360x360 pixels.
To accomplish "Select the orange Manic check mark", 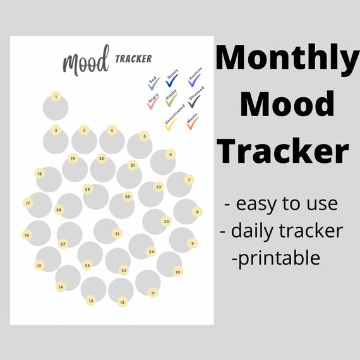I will (x=193, y=123).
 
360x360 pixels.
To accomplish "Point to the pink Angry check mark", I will (x=152, y=102).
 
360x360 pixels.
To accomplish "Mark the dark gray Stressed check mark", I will (x=193, y=102).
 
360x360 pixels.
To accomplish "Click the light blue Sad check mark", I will (x=153, y=85).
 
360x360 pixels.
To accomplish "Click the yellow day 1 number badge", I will (x=56, y=97).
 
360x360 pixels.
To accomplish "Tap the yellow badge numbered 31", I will (x=117, y=233).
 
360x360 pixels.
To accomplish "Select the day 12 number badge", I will (x=122, y=302).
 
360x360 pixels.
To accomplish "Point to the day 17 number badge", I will (x=28, y=203).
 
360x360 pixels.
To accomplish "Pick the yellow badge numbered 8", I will (x=197, y=212).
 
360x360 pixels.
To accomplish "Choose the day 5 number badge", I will (x=144, y=136).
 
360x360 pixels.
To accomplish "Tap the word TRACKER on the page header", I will (x=133, y=59).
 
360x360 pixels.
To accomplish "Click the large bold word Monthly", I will (x=287, y=59).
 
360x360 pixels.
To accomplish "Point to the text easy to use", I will (x=281, y=204).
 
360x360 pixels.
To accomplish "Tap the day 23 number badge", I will (x=166, y=222).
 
